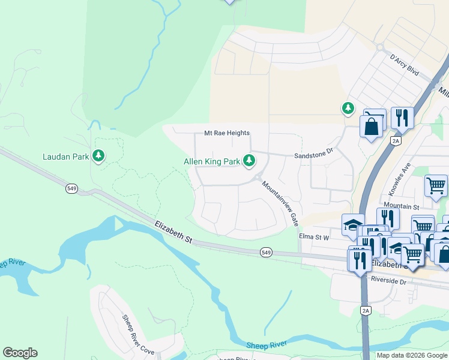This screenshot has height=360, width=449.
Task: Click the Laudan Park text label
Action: point(65,157)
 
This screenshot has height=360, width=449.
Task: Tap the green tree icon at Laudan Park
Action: point(99,157)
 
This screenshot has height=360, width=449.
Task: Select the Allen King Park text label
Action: point(212,161)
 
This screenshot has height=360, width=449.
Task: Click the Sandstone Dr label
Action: point(313,155)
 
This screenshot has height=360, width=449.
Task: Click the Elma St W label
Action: point(315,237)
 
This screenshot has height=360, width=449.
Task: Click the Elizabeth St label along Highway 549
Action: point(173,232)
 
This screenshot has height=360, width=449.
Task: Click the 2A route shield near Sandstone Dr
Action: point(395,140)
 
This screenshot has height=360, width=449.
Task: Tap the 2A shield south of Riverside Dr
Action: point(366,310)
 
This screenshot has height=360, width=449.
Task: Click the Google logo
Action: point(20,353)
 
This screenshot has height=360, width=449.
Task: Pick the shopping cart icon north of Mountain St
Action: point(436,185)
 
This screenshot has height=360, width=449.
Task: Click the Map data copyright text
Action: point(412,355)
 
